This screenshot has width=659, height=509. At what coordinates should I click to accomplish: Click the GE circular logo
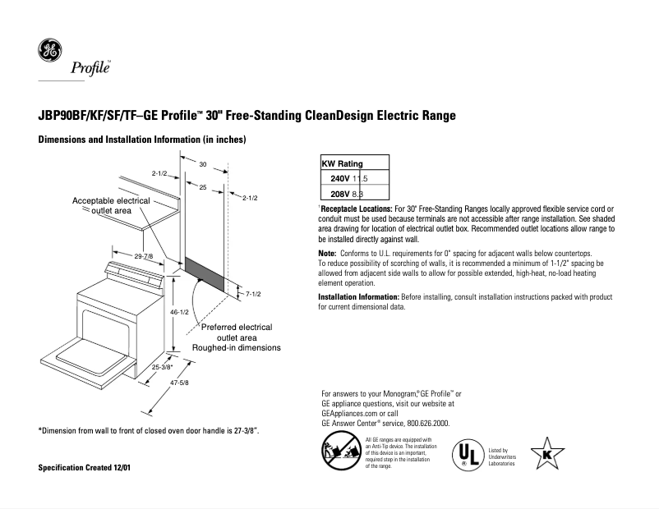tap(48, 52)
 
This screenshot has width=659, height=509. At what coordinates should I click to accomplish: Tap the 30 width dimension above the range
tap(202, 164)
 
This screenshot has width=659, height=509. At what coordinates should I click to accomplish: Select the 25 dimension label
tap(203, 188)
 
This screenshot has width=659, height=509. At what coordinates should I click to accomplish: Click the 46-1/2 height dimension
tap(181, 313)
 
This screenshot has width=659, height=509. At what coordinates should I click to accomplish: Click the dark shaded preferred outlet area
tap(205, 273)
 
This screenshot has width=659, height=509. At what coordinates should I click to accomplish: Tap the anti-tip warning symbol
tap(340, 452)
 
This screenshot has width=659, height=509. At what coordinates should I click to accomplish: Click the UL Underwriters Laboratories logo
tap(467, 454)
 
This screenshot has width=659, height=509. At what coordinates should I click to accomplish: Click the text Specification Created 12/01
tap(85, 468)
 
